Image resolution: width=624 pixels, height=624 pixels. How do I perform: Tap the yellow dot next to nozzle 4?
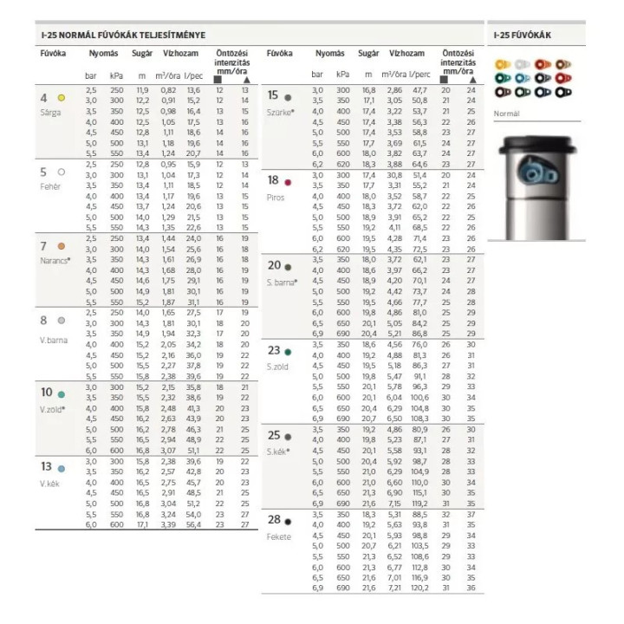click(x=62, y=98)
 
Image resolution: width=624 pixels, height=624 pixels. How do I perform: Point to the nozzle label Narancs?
click(x=54, y=260)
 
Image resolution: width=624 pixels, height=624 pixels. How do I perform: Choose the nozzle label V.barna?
click(x=53, y=341)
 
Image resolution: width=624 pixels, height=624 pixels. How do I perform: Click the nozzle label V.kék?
click(x=49, y=482)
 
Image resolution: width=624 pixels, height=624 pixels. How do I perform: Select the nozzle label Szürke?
click(x=281, y=112)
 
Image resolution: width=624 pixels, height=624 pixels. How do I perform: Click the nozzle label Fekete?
click(x=279, y=536)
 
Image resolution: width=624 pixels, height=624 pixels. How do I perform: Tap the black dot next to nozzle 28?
click(x=288, y=522)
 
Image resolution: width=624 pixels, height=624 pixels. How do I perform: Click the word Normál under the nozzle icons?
click(x=507, y=114)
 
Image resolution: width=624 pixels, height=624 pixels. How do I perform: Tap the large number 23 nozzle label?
click(x=274, y=351)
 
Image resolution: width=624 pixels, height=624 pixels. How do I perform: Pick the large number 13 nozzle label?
click(x=46, y=467)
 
